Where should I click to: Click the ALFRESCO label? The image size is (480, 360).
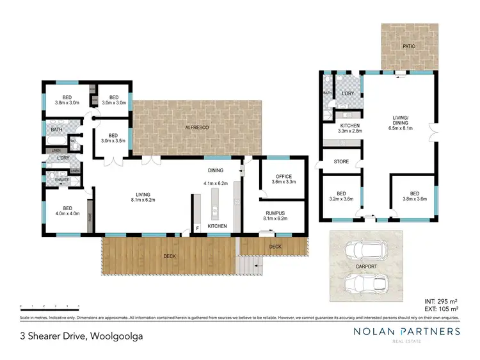coord(198,127)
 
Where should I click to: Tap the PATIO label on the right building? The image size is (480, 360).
coord(410,46)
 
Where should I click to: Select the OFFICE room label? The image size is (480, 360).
coord(284,177)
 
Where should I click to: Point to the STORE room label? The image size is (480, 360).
coord(341,161)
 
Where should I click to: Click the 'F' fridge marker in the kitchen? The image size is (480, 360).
coord(197,227)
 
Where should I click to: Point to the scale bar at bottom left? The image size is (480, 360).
coord(49,306)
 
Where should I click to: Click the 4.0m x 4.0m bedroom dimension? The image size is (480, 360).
coord(67,213)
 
